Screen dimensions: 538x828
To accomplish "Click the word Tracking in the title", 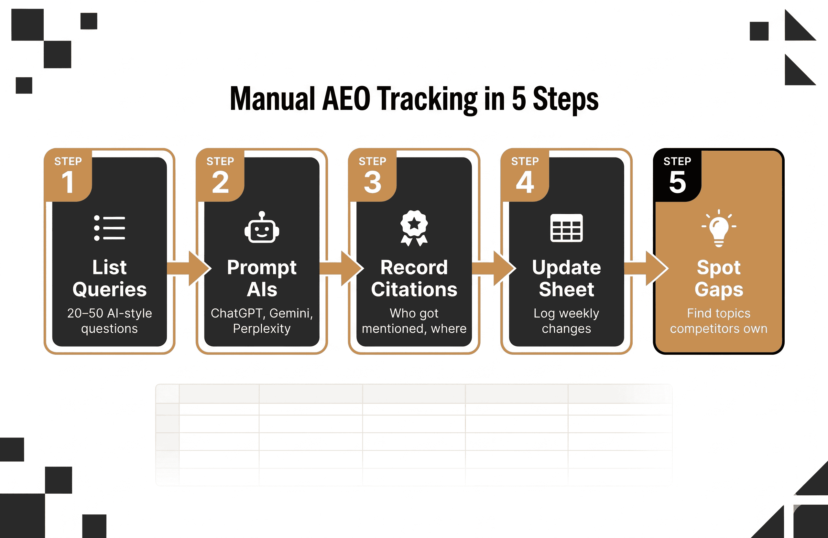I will point(428,99).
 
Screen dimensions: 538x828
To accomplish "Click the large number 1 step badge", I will point(68,182).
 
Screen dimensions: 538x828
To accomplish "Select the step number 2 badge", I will point(220,182).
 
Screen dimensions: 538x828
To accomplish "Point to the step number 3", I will point(373,182).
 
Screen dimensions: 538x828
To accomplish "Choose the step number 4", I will point(525,182).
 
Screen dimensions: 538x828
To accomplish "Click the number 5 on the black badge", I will point(677,182).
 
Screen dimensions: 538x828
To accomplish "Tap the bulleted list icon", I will point(110,228).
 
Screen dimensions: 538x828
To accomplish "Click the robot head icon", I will point(262,228).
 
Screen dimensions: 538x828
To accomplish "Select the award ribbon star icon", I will point(414,228).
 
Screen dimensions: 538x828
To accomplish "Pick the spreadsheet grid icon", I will point(566,228).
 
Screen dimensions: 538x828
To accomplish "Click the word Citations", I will point(414,289).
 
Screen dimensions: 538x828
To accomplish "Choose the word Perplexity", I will point(262,328).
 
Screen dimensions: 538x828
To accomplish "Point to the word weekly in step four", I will point(579,313).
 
